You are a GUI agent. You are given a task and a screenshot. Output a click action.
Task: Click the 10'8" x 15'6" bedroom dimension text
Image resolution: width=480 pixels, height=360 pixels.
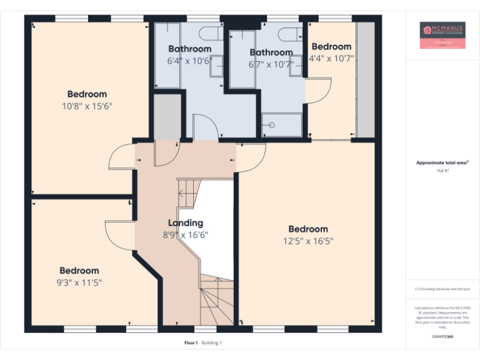pos(87,106)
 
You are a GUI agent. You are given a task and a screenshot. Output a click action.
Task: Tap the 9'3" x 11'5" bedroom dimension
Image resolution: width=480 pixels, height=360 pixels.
pos(79,282)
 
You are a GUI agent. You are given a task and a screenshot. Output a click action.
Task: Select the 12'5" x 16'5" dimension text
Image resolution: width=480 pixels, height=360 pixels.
pos(307,241)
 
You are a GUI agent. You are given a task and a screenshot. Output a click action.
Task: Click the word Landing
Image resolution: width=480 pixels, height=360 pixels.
pos(186,223)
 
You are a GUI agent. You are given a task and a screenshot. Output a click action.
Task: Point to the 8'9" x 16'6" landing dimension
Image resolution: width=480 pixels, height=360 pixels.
pos(186,235)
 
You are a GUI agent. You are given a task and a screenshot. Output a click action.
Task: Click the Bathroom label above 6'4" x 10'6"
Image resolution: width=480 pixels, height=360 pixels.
pos(189,49)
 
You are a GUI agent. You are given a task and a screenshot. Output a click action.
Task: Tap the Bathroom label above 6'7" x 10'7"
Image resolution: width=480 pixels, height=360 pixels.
pos(271,52)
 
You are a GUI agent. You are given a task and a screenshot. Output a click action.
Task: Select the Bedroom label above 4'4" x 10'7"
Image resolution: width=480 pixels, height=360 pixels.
pos(331,47)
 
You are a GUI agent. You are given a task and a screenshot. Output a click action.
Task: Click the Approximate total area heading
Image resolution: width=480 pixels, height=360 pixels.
pos(442,162)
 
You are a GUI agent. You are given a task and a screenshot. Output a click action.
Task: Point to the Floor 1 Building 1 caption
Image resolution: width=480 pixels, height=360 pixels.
pos(203,343)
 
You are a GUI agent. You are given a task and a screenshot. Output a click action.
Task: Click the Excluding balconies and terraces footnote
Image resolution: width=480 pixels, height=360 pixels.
pos(442,289)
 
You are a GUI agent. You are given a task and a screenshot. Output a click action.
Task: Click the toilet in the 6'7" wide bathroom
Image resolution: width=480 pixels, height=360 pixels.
pos(289,32)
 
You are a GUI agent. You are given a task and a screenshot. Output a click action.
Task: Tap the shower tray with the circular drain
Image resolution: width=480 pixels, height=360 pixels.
pos(281,124)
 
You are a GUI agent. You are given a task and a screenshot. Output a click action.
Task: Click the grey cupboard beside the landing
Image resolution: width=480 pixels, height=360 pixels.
pos(167,116)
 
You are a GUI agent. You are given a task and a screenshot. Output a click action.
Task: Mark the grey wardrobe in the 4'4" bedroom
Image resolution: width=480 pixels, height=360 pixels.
pos(365,79)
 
